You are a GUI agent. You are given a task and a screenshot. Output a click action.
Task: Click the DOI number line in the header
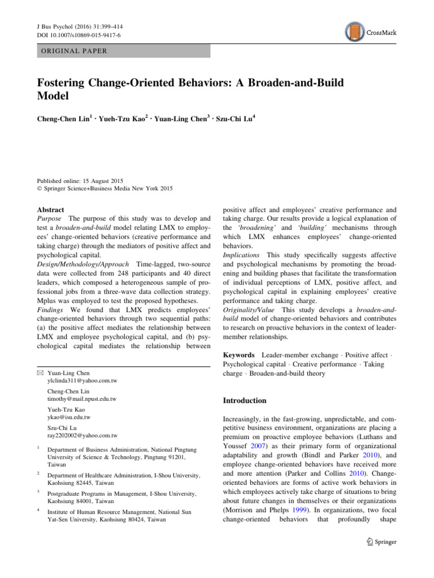click(75, 35)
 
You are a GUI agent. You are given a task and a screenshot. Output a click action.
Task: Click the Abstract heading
click(50, 209)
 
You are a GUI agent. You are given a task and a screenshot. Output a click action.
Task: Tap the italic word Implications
click(242, 255)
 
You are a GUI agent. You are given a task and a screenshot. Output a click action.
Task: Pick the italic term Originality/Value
click(249, 310)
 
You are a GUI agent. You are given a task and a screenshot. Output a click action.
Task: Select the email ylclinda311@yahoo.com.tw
click(83, 381)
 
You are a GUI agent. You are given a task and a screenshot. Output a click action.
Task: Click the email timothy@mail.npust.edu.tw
click(83, 399)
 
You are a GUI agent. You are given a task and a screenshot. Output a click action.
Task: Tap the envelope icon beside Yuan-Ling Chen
click(41, 373)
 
